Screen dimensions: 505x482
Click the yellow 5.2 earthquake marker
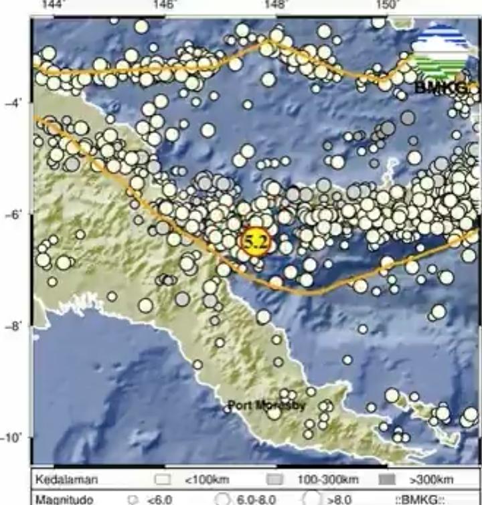(x=255, y=241)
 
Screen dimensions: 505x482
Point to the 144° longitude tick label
(x=52, y=5)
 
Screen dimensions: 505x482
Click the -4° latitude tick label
(x=14, y=103)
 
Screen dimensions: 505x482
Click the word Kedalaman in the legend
(x=67, y=480)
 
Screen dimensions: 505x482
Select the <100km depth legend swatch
(x=162, y=480)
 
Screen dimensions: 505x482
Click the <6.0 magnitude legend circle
(x=133, y=499)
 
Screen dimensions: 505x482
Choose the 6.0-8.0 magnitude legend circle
(x=224, y=499)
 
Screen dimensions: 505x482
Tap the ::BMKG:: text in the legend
(x=420, y=499)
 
